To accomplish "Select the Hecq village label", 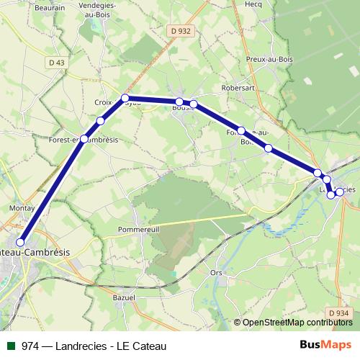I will tap(253, 4).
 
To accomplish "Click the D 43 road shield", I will tap(56, 63).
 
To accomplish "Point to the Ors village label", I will tap(215, 273).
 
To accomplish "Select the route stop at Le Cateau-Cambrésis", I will tap(20, 243).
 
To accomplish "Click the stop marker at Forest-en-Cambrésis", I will tap(84, 138).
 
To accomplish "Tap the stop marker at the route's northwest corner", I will tap(125, 98).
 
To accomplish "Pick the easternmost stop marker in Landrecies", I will tap(339, 192).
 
